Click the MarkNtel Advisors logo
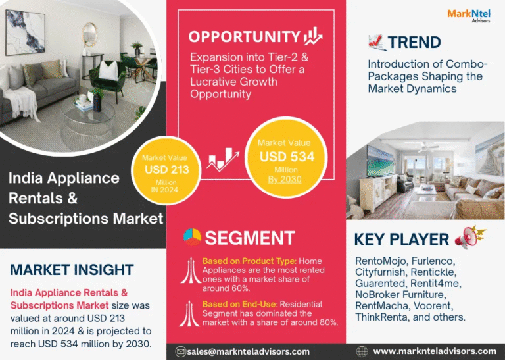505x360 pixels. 469,16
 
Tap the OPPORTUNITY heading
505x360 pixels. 244,37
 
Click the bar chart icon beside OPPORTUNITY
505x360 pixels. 313,36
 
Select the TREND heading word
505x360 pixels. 414,42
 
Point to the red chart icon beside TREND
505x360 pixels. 377,43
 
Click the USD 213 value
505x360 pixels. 167,170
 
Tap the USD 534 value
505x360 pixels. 287,157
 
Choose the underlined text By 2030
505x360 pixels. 285,180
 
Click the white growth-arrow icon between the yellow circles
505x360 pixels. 223,159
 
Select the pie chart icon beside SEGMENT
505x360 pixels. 192,237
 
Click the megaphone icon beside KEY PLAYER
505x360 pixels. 470,237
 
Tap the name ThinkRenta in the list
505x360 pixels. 381,317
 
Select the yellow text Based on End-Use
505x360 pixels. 240,304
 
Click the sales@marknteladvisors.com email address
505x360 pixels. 248,351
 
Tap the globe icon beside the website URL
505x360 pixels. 362,351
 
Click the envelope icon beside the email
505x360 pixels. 181,351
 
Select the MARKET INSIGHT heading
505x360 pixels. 72,270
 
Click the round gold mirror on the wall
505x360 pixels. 89,35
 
